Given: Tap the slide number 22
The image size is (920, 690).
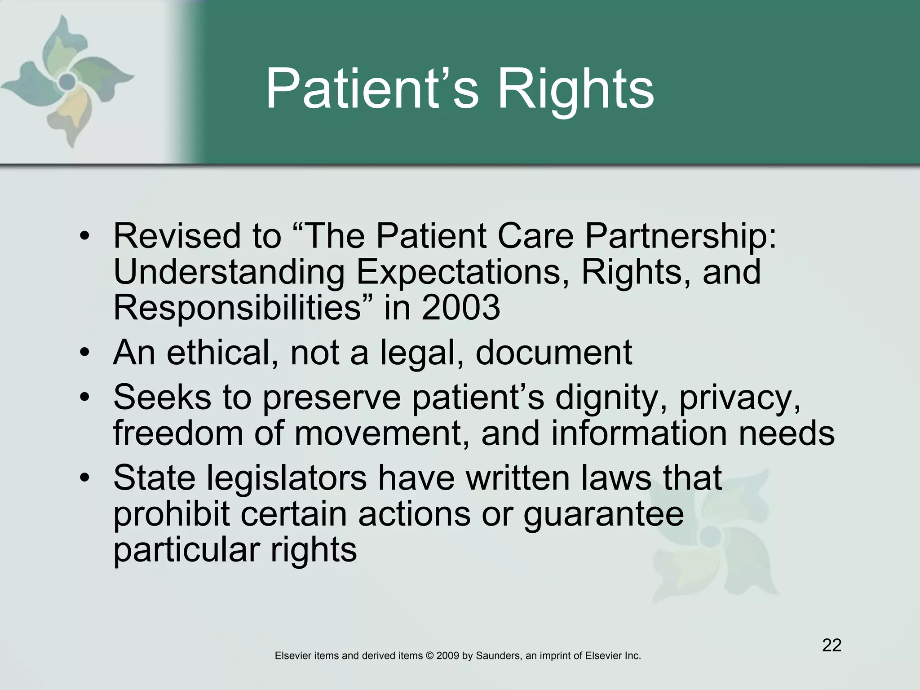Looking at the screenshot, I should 832,645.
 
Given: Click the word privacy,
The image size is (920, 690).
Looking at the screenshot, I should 739,399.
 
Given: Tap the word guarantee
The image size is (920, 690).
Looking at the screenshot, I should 603,515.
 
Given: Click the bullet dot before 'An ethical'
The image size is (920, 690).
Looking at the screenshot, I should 84,354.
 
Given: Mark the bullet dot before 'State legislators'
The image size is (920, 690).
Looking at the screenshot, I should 84,479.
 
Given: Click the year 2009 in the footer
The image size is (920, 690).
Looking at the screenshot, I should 447,656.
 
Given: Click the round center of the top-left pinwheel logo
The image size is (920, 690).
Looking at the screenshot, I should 67,81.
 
